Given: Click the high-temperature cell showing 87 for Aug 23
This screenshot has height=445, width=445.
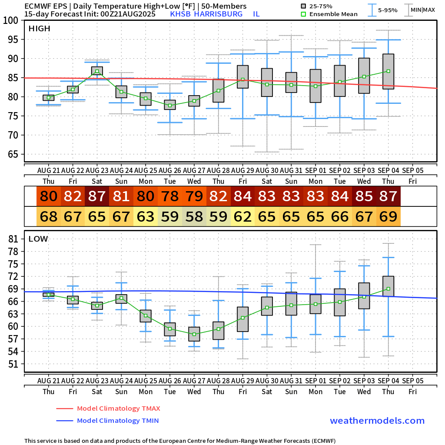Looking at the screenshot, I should (97, 196).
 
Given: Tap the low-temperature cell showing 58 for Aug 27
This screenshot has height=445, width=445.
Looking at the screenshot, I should (194, 216).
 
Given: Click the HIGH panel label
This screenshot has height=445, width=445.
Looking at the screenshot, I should (40, 29).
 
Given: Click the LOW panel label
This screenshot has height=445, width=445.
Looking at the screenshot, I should (38, 239).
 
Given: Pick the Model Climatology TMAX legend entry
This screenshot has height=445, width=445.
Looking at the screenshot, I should (118, 408).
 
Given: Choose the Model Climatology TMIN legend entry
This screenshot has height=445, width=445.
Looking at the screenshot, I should (117, 421).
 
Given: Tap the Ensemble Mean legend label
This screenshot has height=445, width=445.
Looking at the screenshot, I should (333, 14).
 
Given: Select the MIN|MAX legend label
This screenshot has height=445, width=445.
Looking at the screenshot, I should (422, 10).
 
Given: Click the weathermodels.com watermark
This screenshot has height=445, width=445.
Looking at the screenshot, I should (377, 421).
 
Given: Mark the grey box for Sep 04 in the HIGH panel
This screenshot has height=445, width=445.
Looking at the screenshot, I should (389, 71).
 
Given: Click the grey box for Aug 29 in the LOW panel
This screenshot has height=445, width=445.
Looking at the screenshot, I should (242, 319).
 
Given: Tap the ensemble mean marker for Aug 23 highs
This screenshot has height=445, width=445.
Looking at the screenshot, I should (97, 71).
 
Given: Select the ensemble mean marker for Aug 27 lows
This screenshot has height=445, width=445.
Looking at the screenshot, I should (194, 334).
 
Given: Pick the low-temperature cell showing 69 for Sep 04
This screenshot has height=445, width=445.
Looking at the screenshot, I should (389, 216).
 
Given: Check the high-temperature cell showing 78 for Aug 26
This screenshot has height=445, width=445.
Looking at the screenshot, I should (170, 196).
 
